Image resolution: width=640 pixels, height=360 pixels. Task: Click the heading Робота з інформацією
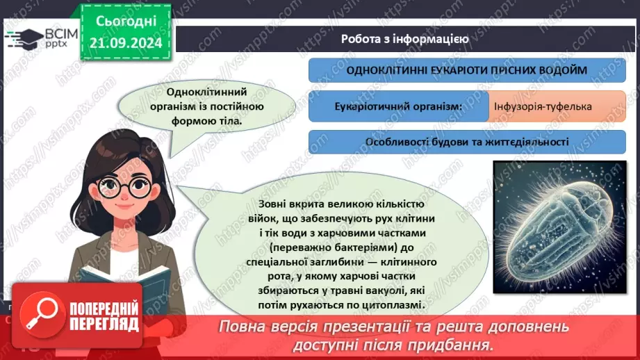[405, 39]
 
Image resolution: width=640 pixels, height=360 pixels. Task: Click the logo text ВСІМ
[56, 34]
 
